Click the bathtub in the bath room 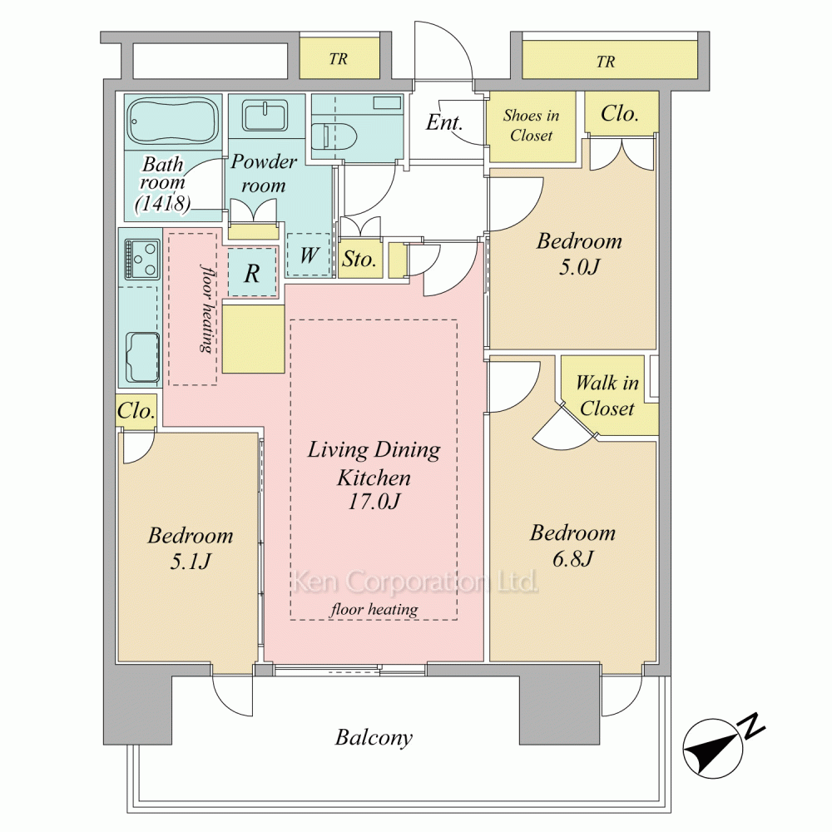[173, 121]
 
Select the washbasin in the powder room [265, 116]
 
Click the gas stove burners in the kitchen [142, 259]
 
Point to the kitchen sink [142, 357]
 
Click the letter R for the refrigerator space [252, 273]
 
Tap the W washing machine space [310, 255]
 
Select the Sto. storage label [359, 259]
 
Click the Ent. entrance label [444, 122]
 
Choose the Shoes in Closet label [531, 126]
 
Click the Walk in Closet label [607, 395]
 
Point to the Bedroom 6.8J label [572, 546]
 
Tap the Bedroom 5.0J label [579, 254]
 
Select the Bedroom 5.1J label [190, 548]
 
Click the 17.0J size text [374, 501]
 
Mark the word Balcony [374, 737]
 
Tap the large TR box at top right [610, 59]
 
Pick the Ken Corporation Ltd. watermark [415, 582]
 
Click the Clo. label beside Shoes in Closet [619, 113]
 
